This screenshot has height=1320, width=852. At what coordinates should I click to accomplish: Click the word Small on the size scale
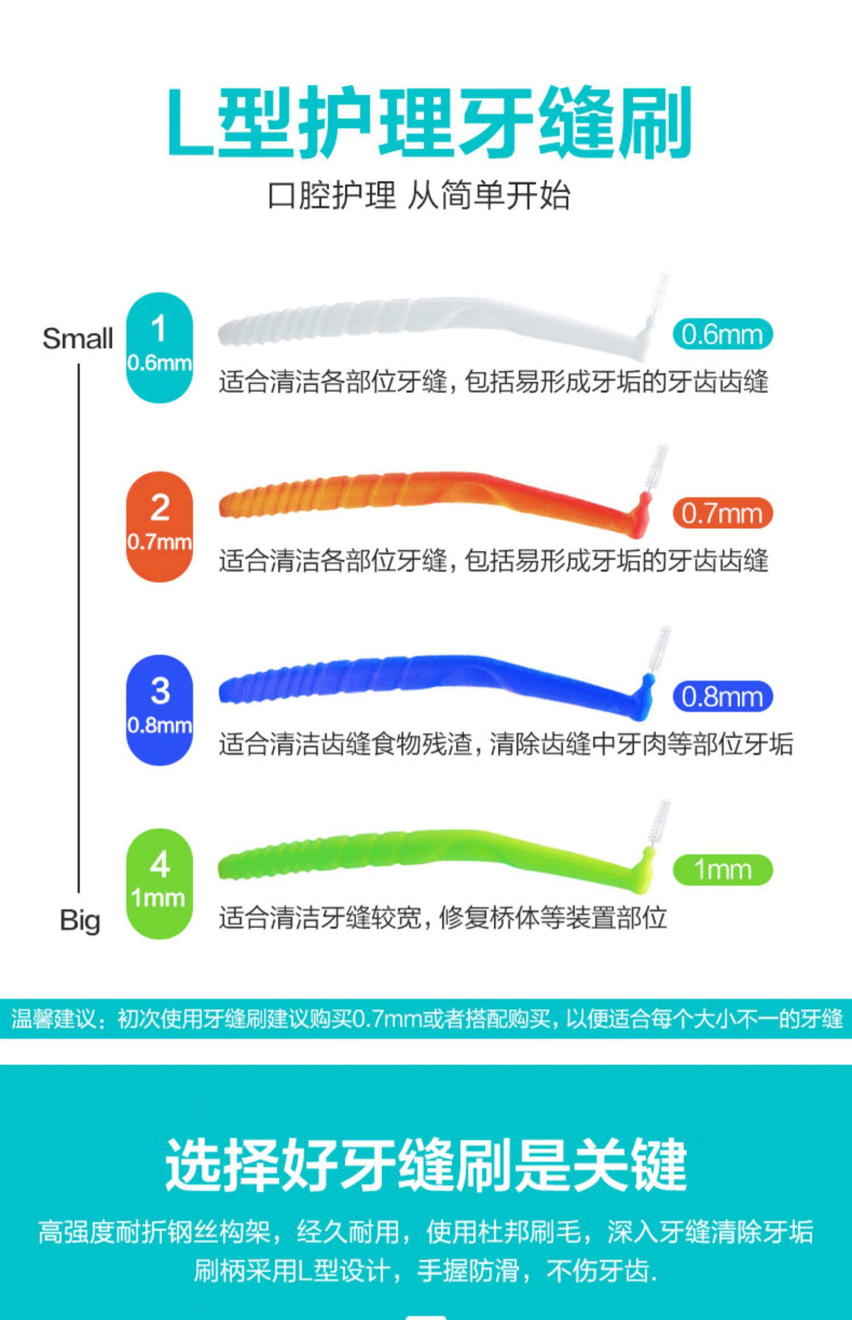pos(78,339)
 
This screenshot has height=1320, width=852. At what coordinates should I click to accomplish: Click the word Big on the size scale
pos(80,920)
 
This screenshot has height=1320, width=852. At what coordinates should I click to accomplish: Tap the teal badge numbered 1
pos(160,347)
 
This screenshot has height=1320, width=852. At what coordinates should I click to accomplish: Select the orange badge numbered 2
pos(160,526)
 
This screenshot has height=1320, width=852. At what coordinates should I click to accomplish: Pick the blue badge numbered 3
pos(160,710)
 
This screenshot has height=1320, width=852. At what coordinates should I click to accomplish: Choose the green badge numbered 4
pos(160,883)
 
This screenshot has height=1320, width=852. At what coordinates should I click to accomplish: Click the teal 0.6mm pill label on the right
pos(722,334)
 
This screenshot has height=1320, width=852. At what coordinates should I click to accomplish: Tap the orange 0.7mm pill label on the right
pos(722,513)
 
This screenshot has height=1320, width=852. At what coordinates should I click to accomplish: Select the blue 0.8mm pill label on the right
pos(722,696)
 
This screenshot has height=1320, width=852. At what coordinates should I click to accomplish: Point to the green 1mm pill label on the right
pos(722,870)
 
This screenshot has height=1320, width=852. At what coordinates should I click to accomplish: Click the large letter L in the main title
pos(190,122)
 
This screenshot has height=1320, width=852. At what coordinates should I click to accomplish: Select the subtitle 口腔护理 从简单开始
pos(419,196)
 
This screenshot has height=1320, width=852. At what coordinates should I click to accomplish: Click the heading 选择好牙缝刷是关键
pos(426,1165)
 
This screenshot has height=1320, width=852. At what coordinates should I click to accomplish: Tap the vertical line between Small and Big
pos(78,625)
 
